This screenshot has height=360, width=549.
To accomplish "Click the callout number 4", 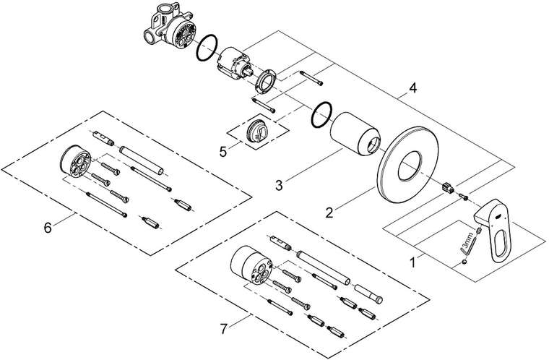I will pos(412,88).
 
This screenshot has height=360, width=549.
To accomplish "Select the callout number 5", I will pos(223,151).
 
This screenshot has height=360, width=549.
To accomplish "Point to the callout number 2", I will pos(329,213).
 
